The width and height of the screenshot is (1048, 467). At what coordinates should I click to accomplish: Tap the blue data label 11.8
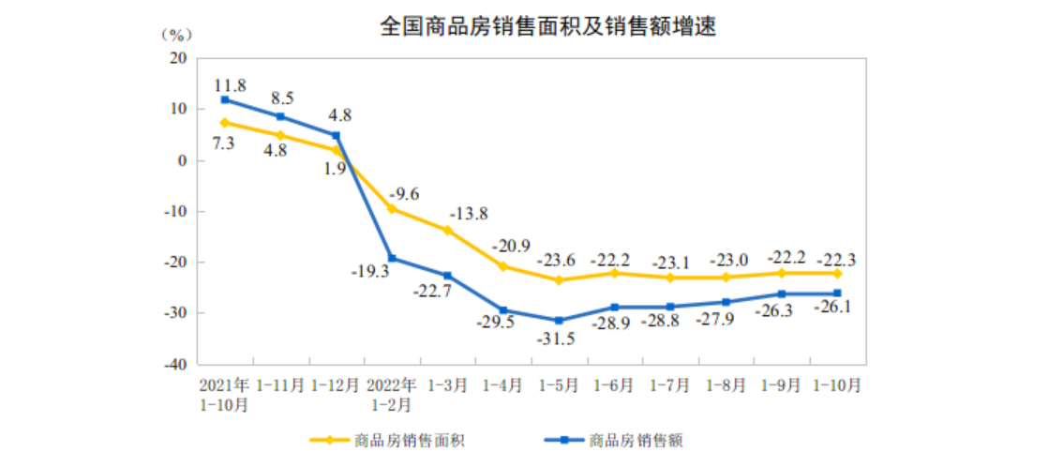(229, 82)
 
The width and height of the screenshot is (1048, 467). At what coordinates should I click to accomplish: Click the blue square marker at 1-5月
(559, 321)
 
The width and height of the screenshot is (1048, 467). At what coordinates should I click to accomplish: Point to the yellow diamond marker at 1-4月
(503, 266)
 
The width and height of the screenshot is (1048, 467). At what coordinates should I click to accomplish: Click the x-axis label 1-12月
(335, 385)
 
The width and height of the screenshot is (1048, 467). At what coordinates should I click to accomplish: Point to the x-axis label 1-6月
(614, 385)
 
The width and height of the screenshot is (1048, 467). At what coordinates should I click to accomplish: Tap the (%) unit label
(176, 35)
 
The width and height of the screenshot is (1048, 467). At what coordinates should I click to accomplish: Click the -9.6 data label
(403, 194)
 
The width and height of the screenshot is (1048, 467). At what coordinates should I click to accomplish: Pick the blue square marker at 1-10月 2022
(837, 294)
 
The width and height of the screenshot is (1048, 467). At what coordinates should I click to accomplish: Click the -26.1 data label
(830, 305)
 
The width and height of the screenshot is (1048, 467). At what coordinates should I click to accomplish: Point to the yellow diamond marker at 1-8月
(726, 277)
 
